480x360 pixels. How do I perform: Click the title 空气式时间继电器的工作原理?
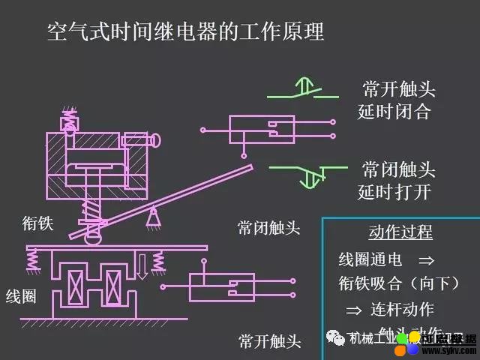[185, 32]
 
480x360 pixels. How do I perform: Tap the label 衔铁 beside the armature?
[37, 223]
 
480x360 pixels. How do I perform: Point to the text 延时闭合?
[394, 113]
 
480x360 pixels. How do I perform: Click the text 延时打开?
[394, 192]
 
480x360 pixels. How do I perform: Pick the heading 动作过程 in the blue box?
[400, 232]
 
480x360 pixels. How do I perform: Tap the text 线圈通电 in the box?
[370, 259]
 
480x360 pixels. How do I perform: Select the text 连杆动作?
[402, 309]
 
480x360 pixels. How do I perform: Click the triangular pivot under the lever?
[154, 218]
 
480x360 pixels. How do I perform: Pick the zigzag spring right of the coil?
[159, 261]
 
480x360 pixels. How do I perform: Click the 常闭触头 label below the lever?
[269, 228]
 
